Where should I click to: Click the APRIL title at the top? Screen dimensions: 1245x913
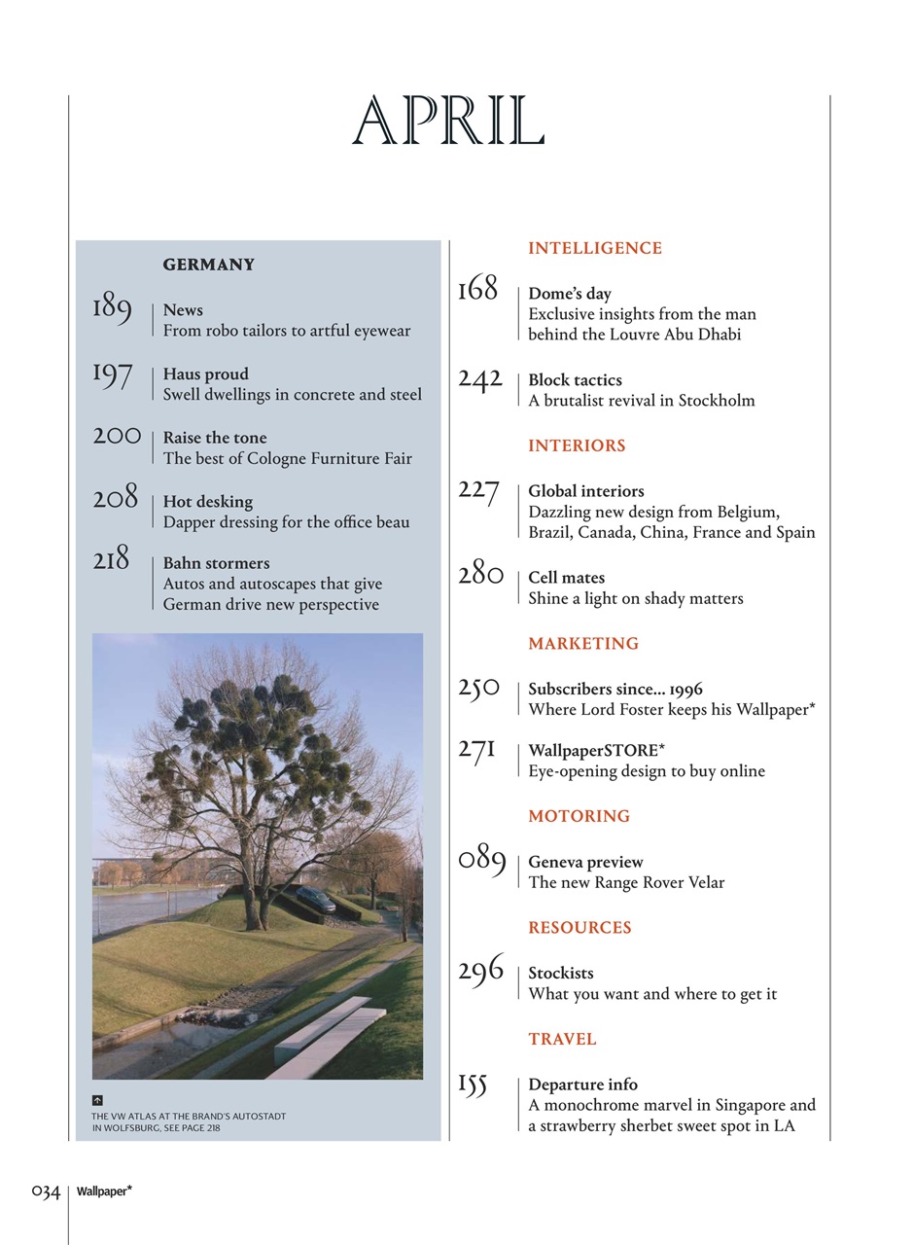447,123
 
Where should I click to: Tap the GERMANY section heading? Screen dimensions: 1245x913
209,265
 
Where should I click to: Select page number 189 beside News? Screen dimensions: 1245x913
112,307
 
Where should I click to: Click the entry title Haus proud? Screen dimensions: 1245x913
205,373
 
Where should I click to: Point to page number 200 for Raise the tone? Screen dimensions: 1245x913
117,436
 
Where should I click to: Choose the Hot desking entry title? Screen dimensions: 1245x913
207,501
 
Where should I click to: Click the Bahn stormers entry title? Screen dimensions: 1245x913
216,563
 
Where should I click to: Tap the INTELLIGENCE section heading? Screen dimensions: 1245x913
595,248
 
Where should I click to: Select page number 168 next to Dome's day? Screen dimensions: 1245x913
477,289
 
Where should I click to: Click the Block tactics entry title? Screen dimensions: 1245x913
575,379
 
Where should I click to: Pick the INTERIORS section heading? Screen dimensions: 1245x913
577,445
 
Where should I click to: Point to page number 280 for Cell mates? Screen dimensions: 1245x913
480,574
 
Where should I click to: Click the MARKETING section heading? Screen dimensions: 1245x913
583,643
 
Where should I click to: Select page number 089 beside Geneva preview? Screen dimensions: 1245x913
482,861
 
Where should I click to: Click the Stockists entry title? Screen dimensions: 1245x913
560,973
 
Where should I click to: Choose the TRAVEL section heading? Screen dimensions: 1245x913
562,1039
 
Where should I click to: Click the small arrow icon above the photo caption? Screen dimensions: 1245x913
98,1099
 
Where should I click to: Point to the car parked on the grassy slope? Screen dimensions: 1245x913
315,898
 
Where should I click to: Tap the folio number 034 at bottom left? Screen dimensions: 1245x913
46,1191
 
